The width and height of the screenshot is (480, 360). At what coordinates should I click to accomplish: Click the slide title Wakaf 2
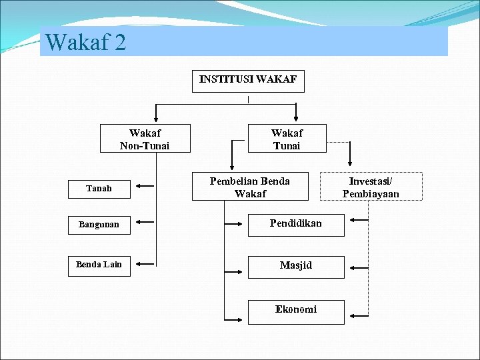[86, 43]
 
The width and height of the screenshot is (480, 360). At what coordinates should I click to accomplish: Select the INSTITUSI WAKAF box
[248, 81]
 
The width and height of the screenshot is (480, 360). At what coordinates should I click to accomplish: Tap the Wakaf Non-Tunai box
[145, 139]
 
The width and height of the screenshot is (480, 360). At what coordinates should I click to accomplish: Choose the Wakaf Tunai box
[287, 139]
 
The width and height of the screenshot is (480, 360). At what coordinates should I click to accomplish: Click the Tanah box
[99, 189]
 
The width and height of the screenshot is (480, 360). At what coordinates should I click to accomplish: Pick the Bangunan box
[99, 225]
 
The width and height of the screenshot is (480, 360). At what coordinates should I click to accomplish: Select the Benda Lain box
[99, 265]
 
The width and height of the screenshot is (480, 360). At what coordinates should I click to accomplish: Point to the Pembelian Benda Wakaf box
[250, 187]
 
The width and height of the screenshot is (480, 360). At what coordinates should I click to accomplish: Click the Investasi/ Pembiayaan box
[371, 187]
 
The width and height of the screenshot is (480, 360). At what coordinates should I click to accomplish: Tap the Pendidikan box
[296, 224]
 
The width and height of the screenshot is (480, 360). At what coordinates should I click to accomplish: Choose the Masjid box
[296, 265]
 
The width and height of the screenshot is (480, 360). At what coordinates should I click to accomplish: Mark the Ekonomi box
[296, 309]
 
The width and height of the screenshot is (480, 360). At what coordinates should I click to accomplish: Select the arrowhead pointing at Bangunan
[136, 222]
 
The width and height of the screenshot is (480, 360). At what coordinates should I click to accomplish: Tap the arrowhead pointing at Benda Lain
[136, 264]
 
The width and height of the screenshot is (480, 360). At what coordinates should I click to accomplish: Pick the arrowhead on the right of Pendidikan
[353, 219]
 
